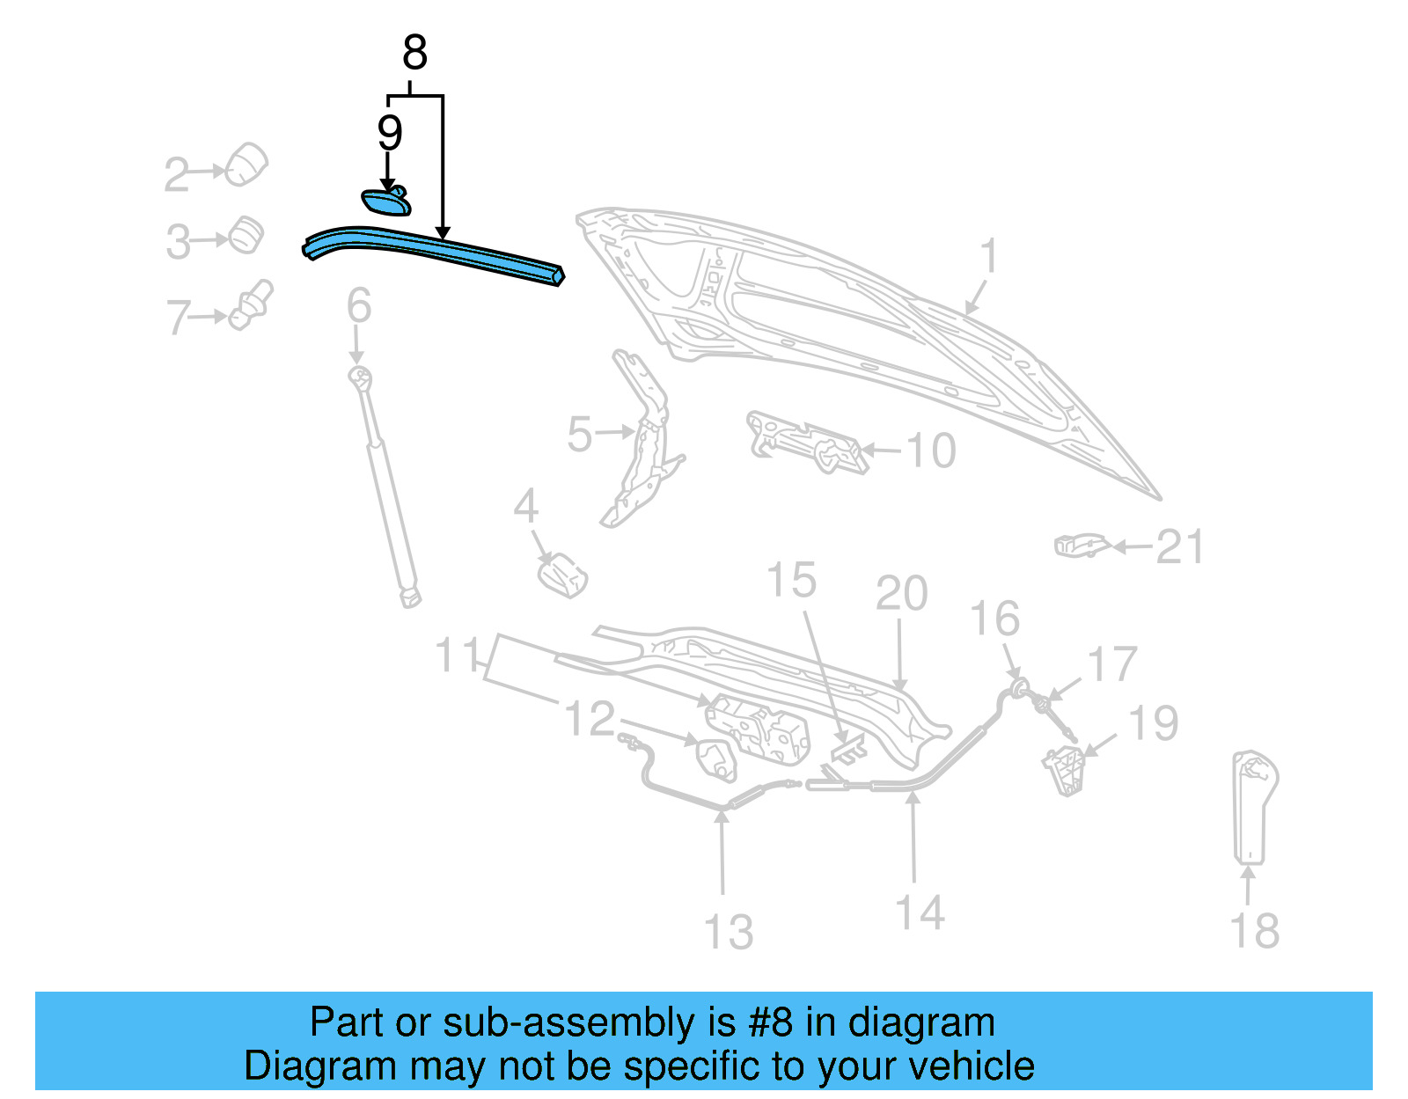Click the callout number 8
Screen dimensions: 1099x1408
pos(414,53)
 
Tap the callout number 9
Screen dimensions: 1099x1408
pos(390,133)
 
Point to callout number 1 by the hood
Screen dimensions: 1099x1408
pos(989,256)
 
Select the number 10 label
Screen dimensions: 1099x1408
pos(930,451)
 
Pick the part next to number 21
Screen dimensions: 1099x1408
pos(1081,546)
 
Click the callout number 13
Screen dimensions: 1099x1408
pos(729,933)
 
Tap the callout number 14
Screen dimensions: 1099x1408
pos(920,912)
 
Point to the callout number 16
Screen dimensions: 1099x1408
pos(995,619)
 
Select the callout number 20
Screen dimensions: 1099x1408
pos(902,593)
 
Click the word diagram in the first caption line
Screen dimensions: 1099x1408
pos(922,1023)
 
